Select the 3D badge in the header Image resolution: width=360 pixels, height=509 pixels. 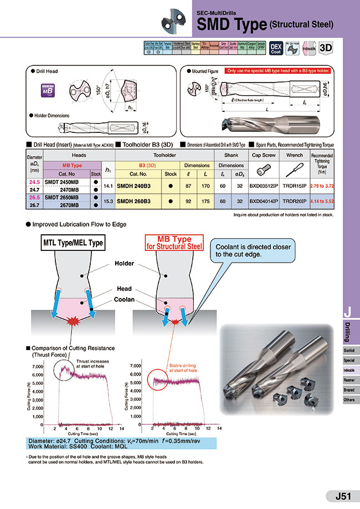click(x=326, y=48)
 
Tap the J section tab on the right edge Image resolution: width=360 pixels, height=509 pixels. click(x=348, y=312)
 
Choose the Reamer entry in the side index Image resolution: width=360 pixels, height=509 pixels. click(x=349, y=379)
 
